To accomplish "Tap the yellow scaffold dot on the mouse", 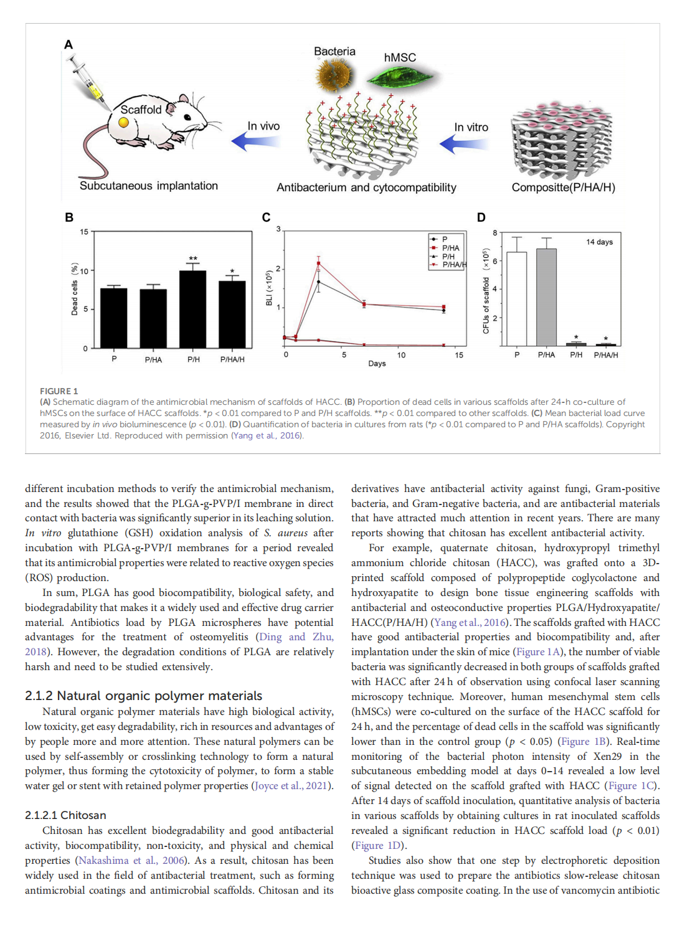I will (x=124, y=122).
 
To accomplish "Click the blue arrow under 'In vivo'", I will (x=255, y=141).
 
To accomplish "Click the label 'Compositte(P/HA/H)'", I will (x=563, y=187).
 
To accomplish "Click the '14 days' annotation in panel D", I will (x=599, y=242).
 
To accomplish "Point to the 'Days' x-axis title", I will (x=377, y=364).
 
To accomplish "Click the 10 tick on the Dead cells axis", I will (x=84, y=271).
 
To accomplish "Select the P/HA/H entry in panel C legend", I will (x=453, y=265).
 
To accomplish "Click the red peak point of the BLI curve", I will (x=319, y=263).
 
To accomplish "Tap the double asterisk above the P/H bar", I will (x=193, y=258).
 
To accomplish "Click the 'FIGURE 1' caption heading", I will (x=59, y=391).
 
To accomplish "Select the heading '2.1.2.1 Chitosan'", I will (x=65, y=815).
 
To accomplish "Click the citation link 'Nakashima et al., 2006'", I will (x=131, y=860).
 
